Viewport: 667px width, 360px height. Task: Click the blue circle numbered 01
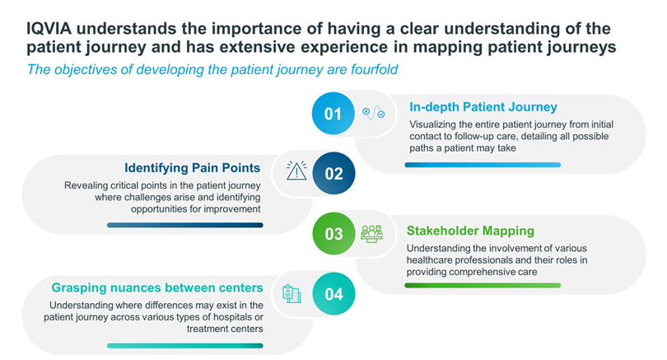tap(333, 114)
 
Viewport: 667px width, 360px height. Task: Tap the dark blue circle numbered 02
tap(333, 173)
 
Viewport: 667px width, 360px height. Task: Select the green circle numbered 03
tap(333, 234)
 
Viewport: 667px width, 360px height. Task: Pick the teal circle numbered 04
tap(333, 293)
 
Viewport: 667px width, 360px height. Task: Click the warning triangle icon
tap(296, 171)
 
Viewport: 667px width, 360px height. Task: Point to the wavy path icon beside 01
tap(374, 113)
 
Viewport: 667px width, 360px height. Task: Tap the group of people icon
tap(371, 234)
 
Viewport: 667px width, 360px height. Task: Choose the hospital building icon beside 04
tap(292, 293)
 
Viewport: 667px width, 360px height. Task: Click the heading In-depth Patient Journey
tap(483, 107)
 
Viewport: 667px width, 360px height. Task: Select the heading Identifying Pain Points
tap(192, 168)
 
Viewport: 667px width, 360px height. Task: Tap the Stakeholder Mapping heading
tap(470, 231)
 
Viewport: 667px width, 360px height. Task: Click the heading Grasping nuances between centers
tap(157, 288)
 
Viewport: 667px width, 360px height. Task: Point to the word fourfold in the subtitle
tap(375, 69)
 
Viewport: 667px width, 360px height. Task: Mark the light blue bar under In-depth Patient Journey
tap(483, 165)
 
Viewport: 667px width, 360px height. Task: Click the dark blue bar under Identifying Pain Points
tap(185, 225)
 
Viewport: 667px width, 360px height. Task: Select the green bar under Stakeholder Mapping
tap(483, 286)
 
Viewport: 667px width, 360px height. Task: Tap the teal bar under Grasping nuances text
tap(185, 346)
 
